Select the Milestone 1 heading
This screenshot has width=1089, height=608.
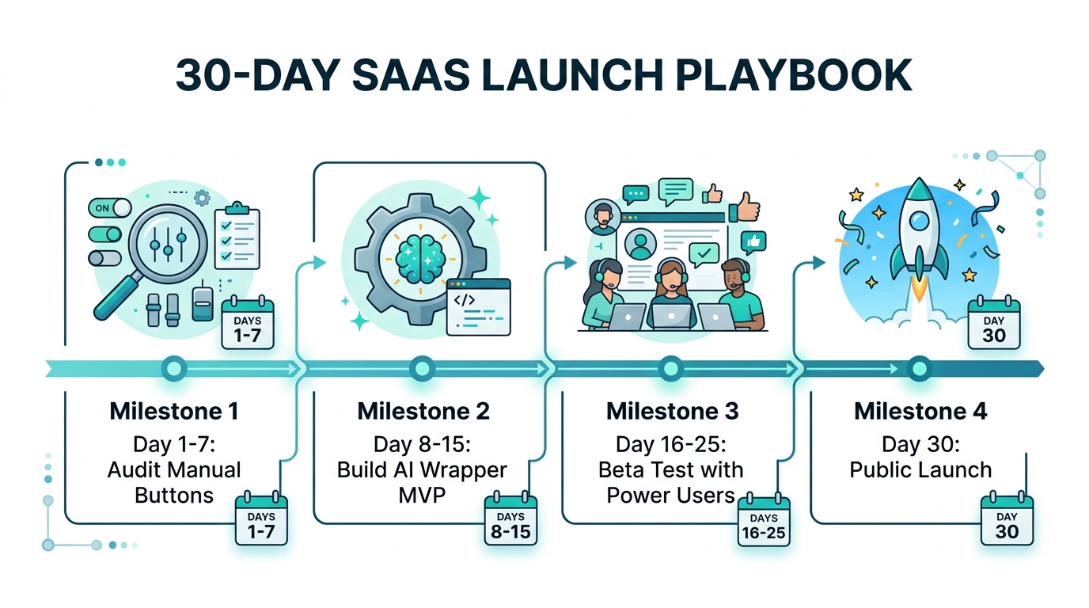[174, 412]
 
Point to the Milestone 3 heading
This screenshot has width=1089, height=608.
[672, 412]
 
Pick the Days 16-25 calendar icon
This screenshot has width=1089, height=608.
[763, 522]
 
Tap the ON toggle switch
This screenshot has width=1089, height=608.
[109, 208]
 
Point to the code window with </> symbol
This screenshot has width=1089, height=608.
[478, 307]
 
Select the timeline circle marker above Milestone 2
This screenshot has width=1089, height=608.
[422, 368]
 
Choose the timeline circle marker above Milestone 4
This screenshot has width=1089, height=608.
[918, 368]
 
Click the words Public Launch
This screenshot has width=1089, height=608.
[920, 469]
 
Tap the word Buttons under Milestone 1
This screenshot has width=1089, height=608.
[174, 496]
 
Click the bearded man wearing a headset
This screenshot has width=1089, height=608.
[741, 293]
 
